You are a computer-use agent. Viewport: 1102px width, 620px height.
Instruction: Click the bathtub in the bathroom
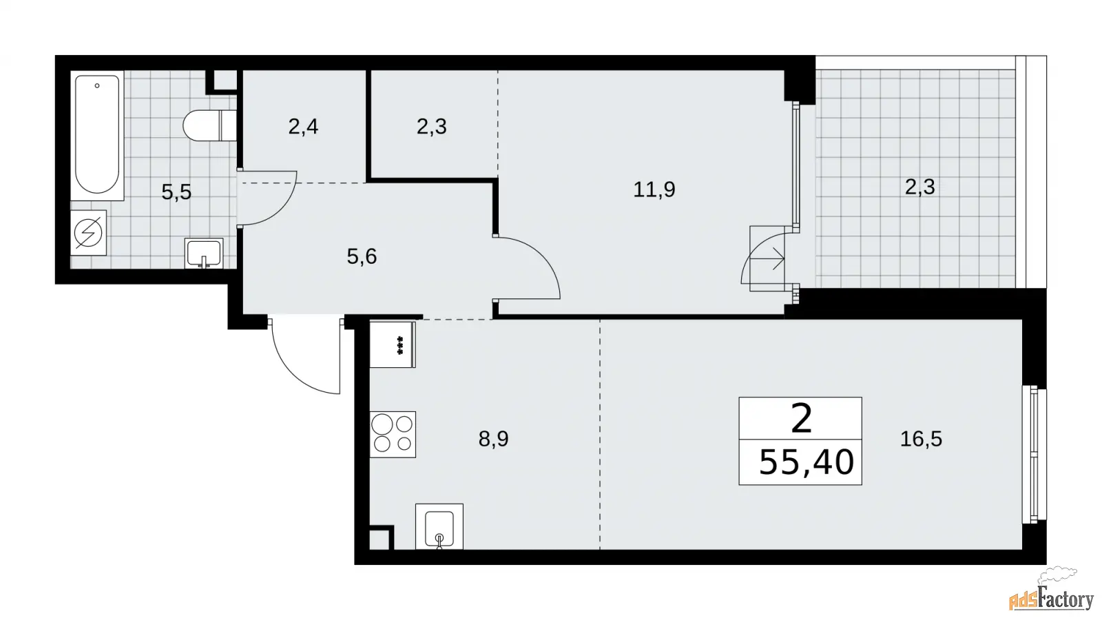(97, 135)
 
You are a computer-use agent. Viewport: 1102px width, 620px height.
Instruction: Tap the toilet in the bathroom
(210, 125)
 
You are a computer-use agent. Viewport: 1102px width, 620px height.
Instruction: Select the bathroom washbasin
(204, 254)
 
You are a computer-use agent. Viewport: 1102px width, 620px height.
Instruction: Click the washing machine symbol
(89, 233)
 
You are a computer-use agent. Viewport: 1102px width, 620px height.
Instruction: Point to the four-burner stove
(393, 435)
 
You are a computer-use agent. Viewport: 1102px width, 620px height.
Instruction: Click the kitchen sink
(439, 526)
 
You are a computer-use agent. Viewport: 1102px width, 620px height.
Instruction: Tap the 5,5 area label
(176, 192)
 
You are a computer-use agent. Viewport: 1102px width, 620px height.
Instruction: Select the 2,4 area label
(303, 127)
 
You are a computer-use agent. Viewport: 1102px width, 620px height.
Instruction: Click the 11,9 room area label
(654, 189)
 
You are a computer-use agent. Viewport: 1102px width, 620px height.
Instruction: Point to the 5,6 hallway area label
(362, 256)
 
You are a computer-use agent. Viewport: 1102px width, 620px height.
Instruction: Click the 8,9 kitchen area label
(493, 438)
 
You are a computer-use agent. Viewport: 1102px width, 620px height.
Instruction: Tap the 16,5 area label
(921, 438)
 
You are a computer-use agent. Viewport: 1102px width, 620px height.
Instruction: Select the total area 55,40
(807, 462)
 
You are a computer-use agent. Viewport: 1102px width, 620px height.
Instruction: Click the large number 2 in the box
(801, 419)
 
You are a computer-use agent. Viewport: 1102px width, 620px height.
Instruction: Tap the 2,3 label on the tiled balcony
(920, 187)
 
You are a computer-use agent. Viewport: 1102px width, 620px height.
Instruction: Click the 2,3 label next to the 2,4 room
(431, 127)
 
